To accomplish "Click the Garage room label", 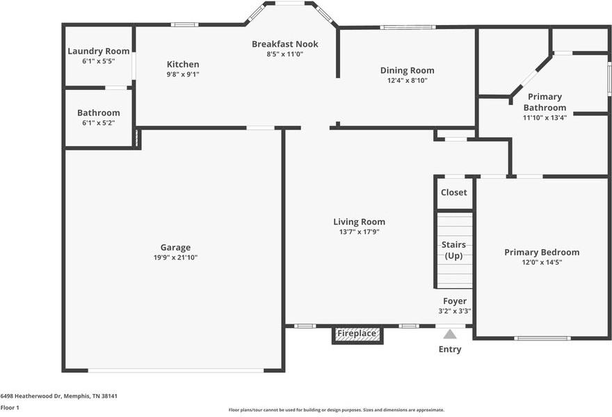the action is pyautogui.click(x=175, y=247).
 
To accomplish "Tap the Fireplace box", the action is pyautogui.click(x=357, y=336).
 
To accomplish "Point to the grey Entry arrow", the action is pyautogui.click(x=450, y=334).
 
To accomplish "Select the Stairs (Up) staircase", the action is pyautogui.click(x=454, y=251).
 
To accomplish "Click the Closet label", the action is pyautogui.click(x=453, y=192).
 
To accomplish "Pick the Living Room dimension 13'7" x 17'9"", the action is pyautogui.click(x=359, y=232).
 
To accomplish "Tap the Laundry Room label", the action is pyautogui.click(x=98, y=52).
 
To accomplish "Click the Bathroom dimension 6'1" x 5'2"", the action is pyautogui.click(x=98, y=123).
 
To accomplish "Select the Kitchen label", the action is pyautogui.click(x=183, y=64).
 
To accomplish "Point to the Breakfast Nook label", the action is pyautogui.click(x=285, y=44).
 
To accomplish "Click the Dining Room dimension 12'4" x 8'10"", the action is pyautogui.click(x=407, y=81).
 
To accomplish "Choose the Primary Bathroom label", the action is pyautogui.click(x=545, y=102).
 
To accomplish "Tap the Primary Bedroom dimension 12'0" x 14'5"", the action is pyautogui.click(x=542, y=262).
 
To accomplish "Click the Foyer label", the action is pyautogui.click(x=455, y=301).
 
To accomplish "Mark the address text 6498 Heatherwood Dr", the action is pyautogui.click(x=31, y=396).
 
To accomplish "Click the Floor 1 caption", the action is pyautogui.click(x=10, y=408).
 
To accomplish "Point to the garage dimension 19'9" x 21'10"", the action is pyautogui.click(x=175, y=258).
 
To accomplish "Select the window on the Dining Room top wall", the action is pyautogui.click(x=408, y=27).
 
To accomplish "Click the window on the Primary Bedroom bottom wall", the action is pyautogui.click(x=542, y=338).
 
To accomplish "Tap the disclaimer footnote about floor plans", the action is pyautogui.click(x=337, y=410).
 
